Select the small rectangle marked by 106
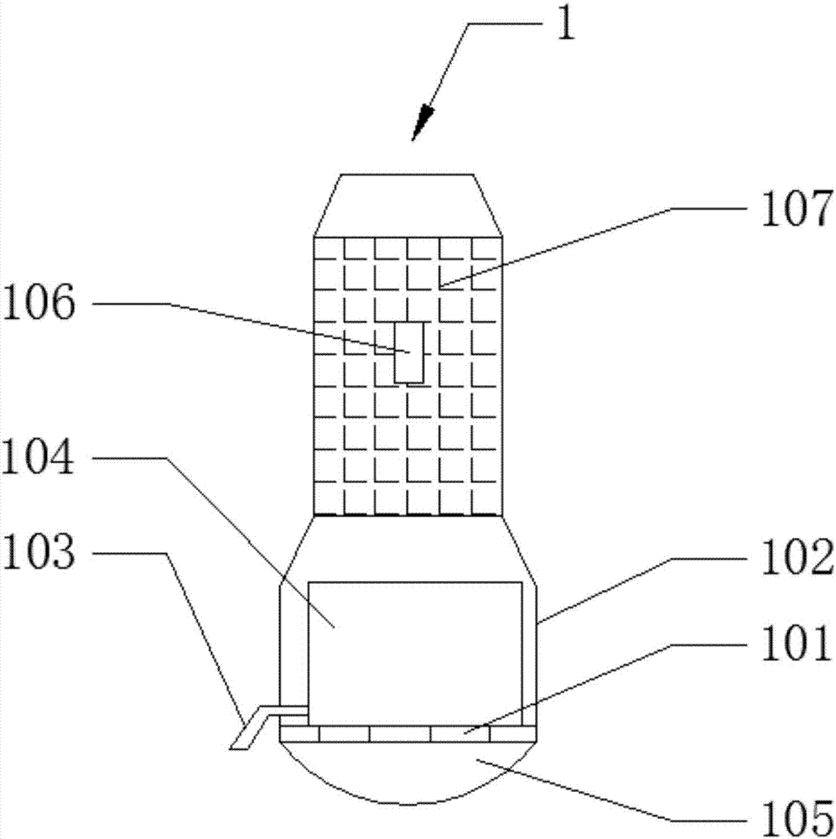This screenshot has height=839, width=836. click(409, 352)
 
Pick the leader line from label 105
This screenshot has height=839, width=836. click(587, 789)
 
